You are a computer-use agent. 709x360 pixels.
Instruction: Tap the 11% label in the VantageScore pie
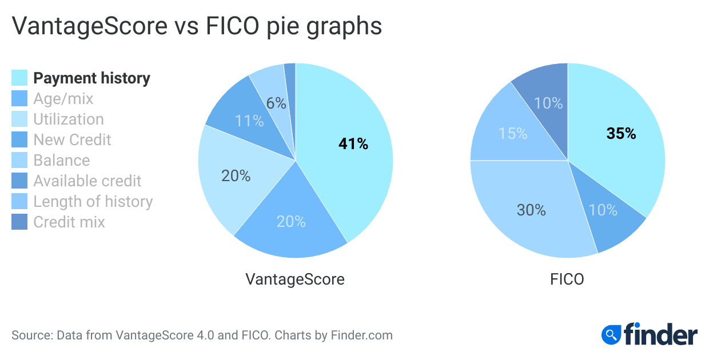[249, 121]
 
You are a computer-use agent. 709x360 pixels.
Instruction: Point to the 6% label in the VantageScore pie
[276, 103]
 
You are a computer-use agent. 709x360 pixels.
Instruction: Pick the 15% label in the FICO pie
[512, 133]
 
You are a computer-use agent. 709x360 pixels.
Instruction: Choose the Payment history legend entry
[91, 78]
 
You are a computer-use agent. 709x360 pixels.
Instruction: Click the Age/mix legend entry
[63, 99]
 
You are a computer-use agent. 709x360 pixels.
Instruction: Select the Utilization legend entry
[69, 119]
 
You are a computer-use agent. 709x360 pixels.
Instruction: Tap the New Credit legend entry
[72, 140]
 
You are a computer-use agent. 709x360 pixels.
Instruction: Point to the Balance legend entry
[62, 161]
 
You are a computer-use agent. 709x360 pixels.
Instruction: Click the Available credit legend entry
[87, 181]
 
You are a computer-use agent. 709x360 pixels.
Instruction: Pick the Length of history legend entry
[93, 202]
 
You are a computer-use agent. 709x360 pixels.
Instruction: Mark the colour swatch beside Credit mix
[19, 222]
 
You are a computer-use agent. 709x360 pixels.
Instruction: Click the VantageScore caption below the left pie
[295, 279]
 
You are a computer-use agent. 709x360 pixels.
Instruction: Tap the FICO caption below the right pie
[567, 279]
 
